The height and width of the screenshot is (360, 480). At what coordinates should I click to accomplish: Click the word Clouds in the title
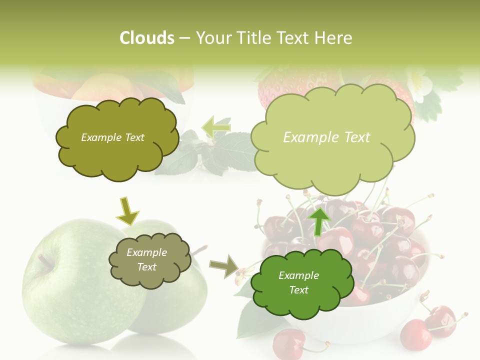(x=146, y=38)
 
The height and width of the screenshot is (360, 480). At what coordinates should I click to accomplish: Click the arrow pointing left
(x=216, y=127)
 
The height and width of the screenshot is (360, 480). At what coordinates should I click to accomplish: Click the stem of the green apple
(x=45, y=260)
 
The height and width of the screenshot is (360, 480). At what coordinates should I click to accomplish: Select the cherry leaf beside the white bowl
(x=255, y=320)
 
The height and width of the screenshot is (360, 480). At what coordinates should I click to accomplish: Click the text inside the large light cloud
(x=326, y=137)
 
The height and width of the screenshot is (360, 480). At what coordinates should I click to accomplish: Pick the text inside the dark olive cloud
(x=112, y=137)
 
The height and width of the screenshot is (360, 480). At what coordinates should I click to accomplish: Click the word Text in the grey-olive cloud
(x=147, y=267)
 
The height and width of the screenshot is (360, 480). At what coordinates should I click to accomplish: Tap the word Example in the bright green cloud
(x=298, y=275)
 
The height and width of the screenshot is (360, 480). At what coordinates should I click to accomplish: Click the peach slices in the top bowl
(x=100, y=87)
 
